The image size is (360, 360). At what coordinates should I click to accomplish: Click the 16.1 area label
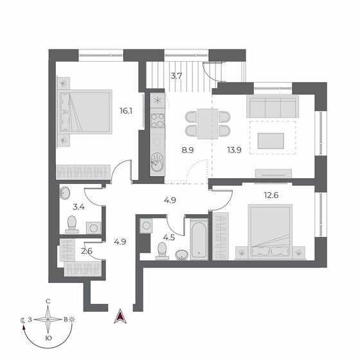pyautogui.click(x=125, y=111)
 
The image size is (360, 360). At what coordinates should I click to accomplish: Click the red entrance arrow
pyautogui.click(x=119, y=316)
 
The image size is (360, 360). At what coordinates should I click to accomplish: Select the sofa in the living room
pyautogui.click(x=273, y=105)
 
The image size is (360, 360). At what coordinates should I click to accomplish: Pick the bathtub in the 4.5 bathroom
pyautogui.click(x=197, y=239)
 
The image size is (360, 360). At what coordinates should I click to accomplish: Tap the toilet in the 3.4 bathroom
pyautogui.click(x=73, y=224)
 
